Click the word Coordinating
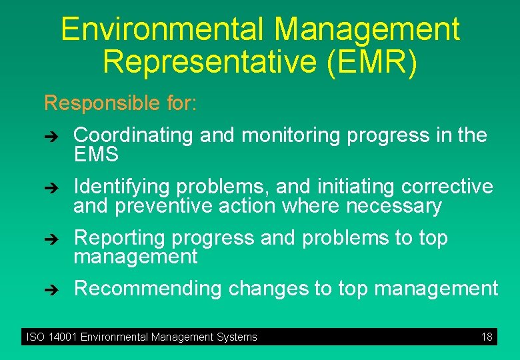coord(133,135)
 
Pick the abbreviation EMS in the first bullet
coord(96,155)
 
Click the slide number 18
coord(487,337)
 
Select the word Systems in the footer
coord(238,337)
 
